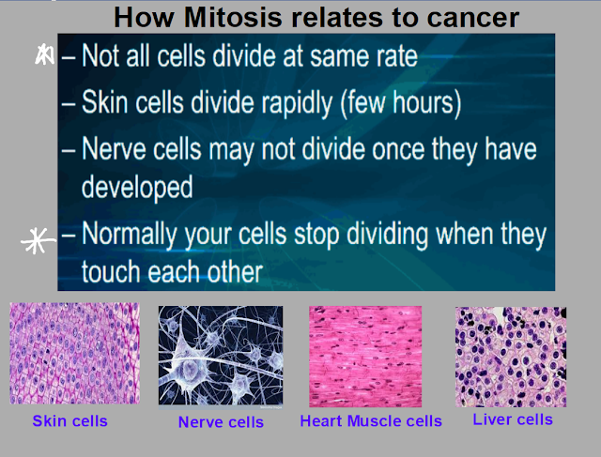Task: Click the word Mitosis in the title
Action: (233, 18)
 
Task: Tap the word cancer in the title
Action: (473, 19)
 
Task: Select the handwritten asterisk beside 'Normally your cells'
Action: (38, 240)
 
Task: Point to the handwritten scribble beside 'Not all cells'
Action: (44, 54)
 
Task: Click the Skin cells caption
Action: (69, 421)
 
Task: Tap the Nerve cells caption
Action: (221, 422)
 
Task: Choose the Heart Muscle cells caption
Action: (371, 421)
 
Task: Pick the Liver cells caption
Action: (513, 419)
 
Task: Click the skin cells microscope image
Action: (75, 353)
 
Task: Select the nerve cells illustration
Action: (221, 356)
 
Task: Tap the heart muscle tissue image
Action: (365, 357)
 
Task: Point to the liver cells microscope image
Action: (511, 357)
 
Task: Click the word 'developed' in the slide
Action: (137, 188)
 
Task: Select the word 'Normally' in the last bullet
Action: (130, 234)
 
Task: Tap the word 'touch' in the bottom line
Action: (112, 272)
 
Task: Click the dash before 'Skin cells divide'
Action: (69, 104)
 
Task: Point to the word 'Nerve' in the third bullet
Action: (115, 149)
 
